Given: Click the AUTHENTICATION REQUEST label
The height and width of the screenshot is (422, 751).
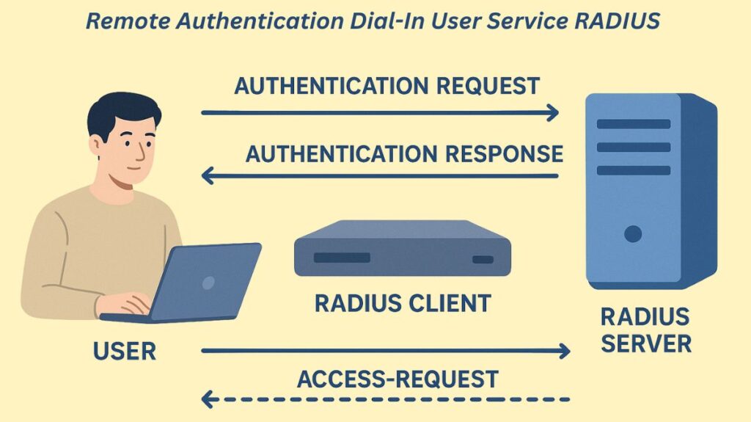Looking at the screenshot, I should tap(387, 86).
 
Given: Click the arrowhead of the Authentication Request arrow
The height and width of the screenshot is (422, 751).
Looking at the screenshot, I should tap(552, 113).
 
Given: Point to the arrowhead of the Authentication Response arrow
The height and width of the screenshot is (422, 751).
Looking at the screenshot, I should tap(208, 176).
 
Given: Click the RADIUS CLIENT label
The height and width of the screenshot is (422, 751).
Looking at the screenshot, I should tap(402, 303).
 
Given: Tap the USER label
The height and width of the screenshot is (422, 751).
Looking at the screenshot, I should tap(125, 352).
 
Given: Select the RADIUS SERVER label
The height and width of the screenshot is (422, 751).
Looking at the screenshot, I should tap(645, 330).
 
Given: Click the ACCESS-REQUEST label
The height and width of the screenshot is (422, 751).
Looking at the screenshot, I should tap(398, 379).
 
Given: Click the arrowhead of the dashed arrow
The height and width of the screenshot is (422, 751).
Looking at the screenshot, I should tap(208, 400).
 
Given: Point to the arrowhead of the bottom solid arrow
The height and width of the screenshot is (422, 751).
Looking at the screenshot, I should tap(563, 352).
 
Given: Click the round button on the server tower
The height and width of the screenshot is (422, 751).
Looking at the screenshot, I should tap(632, 234).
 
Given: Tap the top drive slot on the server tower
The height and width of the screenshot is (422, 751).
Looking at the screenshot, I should tap(633, 123).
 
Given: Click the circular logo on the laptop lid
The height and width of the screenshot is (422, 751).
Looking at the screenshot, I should tap(208, 282).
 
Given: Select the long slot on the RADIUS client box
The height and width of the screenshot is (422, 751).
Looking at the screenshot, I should tap(342, 258).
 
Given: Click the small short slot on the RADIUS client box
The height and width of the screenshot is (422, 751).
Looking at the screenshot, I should tap(483, 259).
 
